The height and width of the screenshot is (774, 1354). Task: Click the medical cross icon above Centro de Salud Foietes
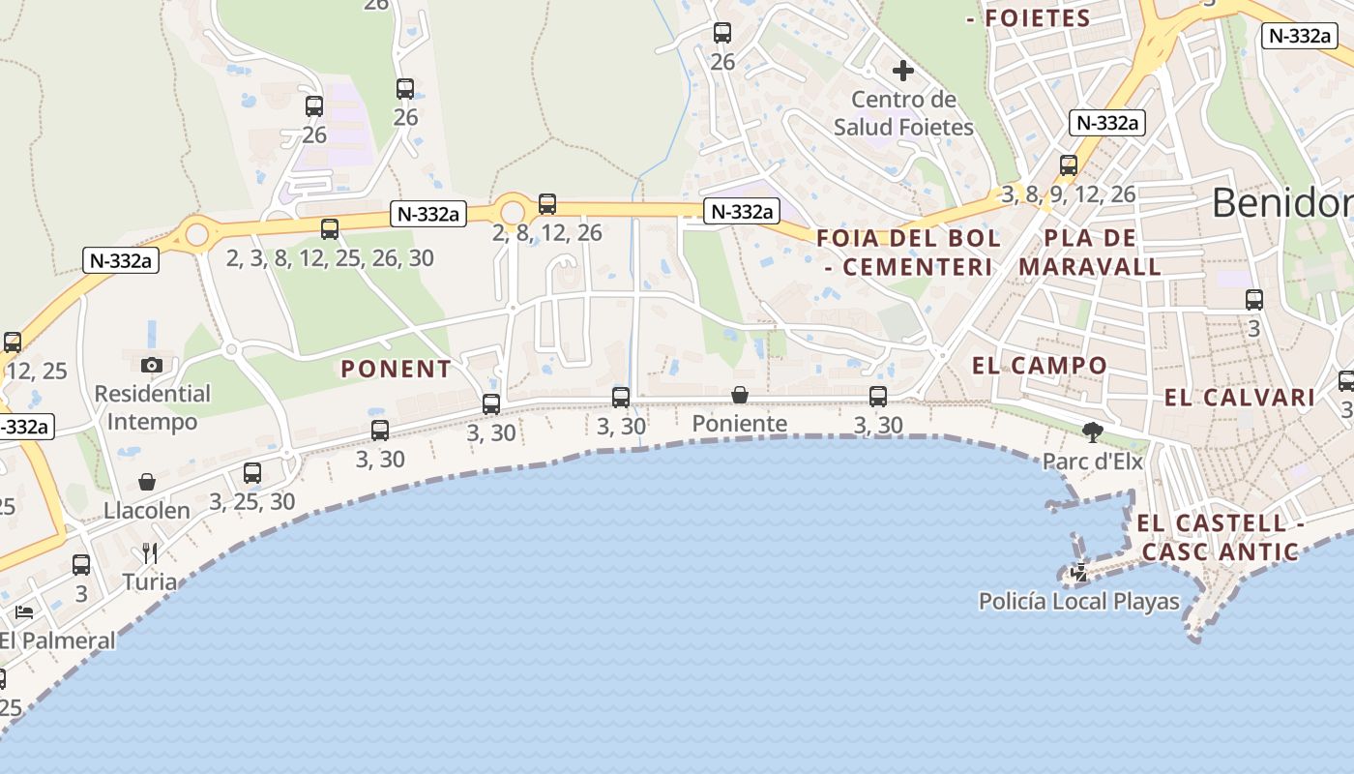pos(902,71)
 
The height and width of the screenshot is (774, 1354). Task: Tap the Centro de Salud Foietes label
pos(903,113)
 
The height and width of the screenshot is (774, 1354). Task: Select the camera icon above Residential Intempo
pos(152,365)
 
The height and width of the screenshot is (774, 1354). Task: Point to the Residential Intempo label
pos(152,407)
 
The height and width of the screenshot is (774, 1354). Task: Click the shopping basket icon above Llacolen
pos(147,482)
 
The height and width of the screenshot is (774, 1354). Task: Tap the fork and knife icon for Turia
pos(150,552)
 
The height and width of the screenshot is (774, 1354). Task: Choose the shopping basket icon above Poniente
pos(740,395)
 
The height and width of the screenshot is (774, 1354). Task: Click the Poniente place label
pos(740,424)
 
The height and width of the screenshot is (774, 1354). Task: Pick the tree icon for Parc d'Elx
pos(1093,432)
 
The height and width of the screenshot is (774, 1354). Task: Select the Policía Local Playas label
pos(1079,602)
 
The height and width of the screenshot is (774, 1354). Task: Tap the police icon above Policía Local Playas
pos(1079,573)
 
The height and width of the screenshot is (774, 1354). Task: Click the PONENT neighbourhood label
pos(397,369)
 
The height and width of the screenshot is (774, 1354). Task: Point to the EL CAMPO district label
pos(1040,366)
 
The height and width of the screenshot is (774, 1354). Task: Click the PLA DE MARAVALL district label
pos(1090,252)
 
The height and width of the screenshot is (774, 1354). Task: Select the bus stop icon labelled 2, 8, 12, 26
pos(547,204)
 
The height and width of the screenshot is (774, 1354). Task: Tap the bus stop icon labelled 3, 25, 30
pos(252,473)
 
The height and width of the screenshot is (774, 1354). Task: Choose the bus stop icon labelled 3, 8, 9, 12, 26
pos(1069,165)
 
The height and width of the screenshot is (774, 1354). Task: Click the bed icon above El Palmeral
pos(24,611)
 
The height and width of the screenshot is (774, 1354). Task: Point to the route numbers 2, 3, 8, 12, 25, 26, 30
pos(330,258)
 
